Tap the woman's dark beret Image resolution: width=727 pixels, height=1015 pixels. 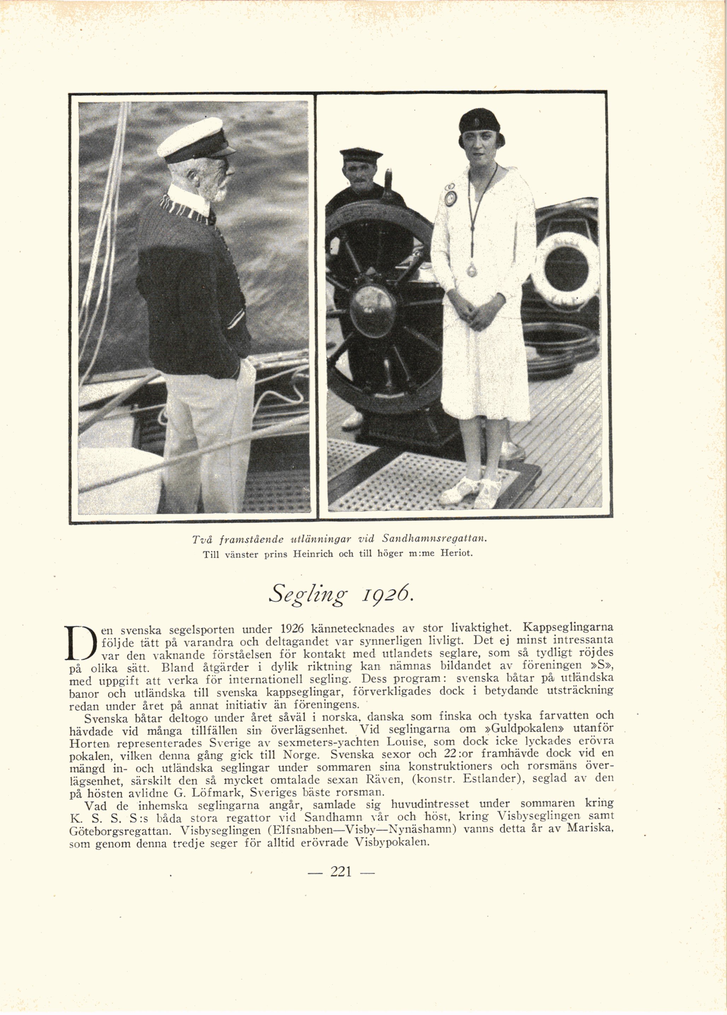(x=479, y=120)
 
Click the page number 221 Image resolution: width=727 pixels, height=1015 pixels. (x=341, y=872)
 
